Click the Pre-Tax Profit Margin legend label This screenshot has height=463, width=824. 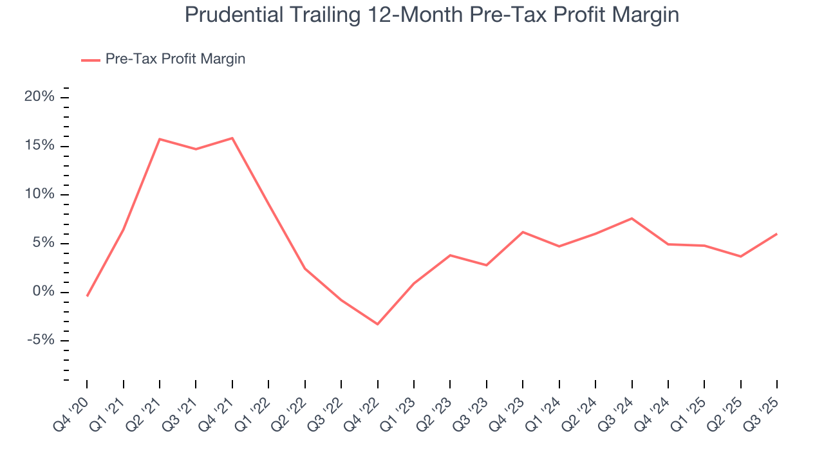click(175, 59)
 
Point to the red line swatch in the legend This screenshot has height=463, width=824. click(90, 60)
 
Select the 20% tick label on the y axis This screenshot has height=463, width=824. click(39, 97)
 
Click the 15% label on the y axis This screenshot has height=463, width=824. click(39, 146)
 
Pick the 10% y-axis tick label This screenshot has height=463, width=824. click(39, 195)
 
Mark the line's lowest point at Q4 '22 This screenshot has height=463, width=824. click(377, 324)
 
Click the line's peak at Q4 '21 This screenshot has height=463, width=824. click(232, 138)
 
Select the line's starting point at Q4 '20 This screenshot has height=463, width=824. click(87, 296)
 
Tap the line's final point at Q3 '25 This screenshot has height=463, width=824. click(777, 234)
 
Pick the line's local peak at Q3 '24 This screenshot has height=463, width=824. click(632, 219)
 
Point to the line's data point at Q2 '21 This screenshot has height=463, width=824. click(160, 139)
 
